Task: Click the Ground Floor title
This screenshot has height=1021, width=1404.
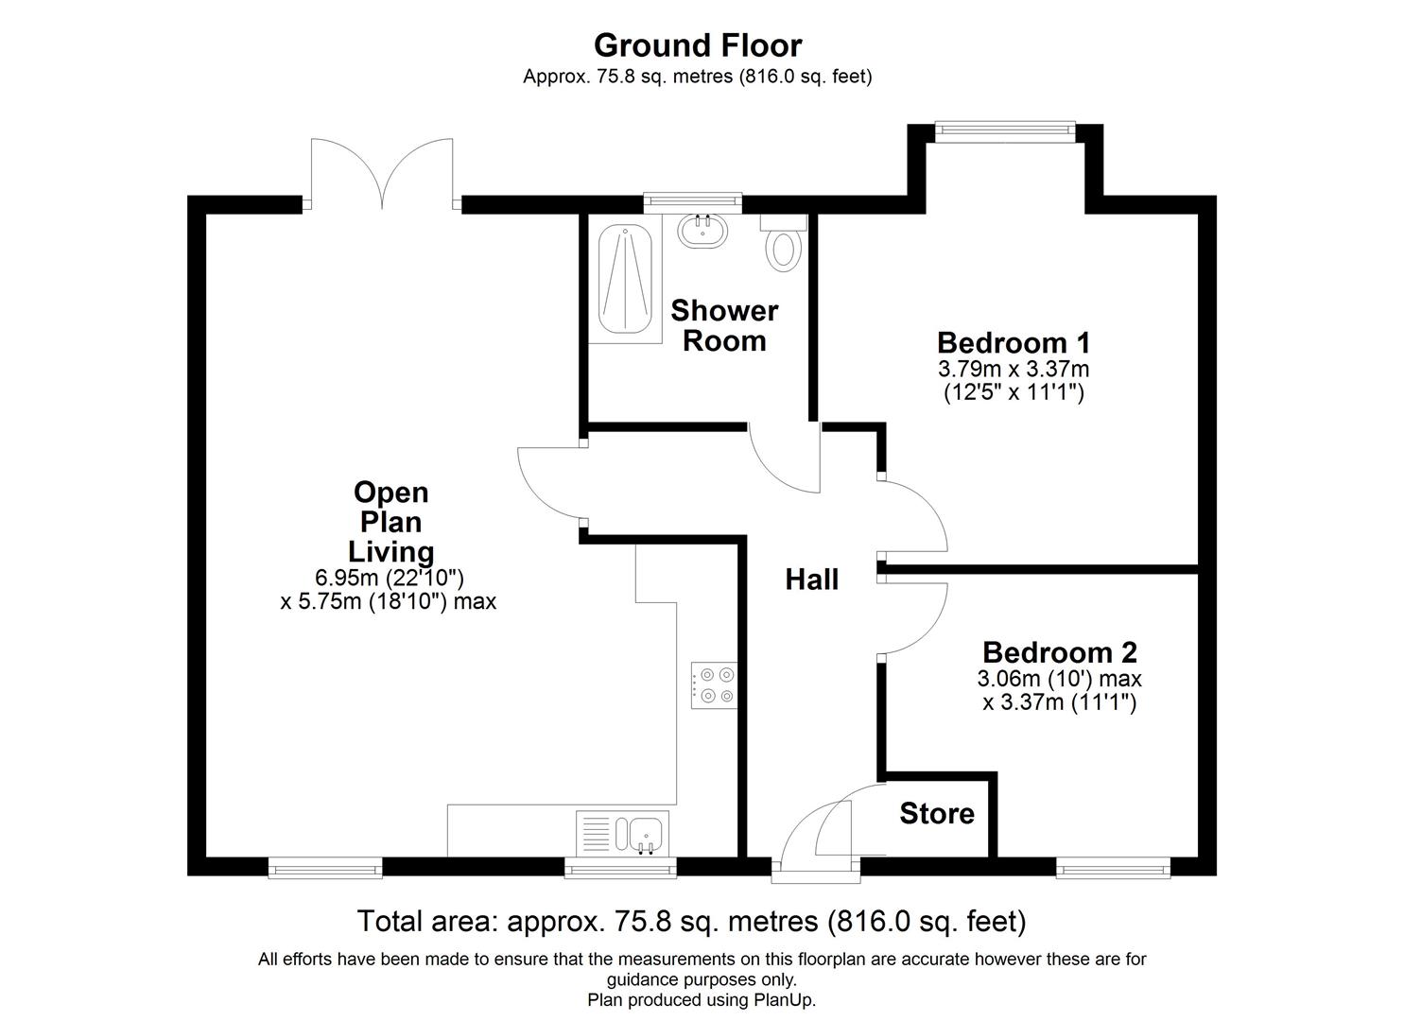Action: tap(698, 45)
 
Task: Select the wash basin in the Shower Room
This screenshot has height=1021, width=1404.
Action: tap(701, 231)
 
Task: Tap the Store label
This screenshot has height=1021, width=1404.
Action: tap(936, 814)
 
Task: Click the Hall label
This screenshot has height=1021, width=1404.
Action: tap(811, 580)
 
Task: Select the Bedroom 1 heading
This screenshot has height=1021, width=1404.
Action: tap(1014, 341)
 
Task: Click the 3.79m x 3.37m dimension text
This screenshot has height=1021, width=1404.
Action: tap(1014, 369)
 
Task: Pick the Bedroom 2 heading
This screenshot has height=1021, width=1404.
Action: tap(1059, 652)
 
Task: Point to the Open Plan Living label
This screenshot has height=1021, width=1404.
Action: tap(391, 522)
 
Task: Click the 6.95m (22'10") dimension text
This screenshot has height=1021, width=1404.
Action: tap(390, 577)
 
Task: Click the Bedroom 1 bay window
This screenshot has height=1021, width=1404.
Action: tap(1005, 131)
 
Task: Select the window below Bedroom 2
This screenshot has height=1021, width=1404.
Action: tap(1113, 867)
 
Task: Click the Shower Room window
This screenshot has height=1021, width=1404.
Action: tap(692, 199)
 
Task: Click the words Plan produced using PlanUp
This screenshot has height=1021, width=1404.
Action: tap(702, 999)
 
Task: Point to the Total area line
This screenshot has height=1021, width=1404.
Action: tap(691, 920)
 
